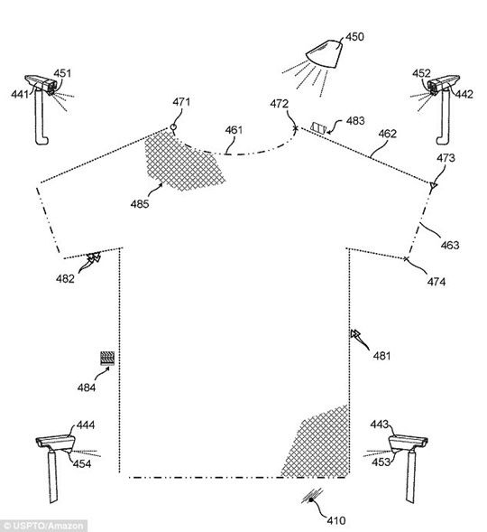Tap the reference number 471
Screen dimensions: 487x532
click(181, 102)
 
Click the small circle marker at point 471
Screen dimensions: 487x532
click(173, 127)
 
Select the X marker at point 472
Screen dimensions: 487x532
click(296, 128)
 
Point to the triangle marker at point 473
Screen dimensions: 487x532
click(433, 185)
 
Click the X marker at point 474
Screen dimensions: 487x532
click(407, 259)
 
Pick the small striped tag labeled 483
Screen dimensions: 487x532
click(318, 128)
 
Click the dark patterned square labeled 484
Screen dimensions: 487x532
click(107, 359)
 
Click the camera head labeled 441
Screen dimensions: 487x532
click(41, 83)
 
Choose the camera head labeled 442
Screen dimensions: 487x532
click(443, 83)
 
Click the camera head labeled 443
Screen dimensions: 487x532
click(408, 442)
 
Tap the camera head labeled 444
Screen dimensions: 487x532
click(56, 443)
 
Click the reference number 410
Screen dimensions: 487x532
click(336, 520)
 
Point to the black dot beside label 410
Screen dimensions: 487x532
click(310, 499)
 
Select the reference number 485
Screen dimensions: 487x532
click(140, 204)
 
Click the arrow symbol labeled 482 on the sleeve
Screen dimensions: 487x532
click(93, 257)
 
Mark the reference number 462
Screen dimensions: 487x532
click(387, 134)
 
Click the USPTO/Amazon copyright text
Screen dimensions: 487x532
click(42, 527)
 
